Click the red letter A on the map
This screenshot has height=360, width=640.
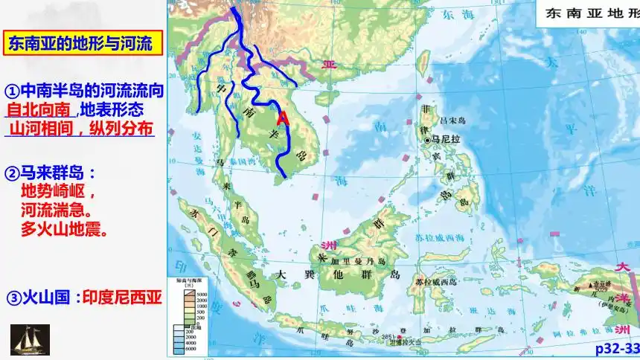coord(282,118)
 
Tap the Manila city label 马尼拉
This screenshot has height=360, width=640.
coord(445,139)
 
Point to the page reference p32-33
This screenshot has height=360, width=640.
coord(617,349)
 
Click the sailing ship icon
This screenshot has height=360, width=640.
coord(30,340)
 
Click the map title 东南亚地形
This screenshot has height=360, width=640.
coord(592,13)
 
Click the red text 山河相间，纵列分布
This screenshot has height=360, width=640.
coord(80,128)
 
